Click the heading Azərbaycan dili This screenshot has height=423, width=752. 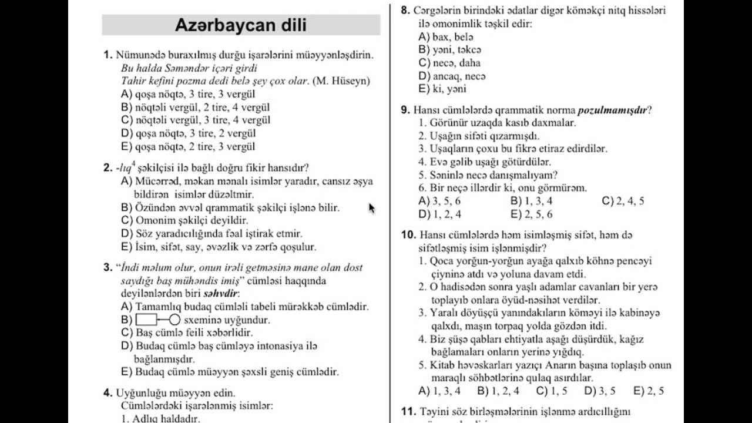[241, 25]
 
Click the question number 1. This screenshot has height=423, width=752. [108, 55]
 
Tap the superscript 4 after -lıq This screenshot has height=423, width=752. [134, 164]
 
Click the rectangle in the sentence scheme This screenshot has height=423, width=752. [146, 320]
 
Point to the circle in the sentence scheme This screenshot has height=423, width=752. [174, 320]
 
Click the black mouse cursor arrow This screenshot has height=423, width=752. [371, 208]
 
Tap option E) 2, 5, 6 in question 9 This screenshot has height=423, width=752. [532, 214]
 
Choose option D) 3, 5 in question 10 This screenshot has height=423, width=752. [600, 391]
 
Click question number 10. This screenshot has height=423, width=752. [408, 235]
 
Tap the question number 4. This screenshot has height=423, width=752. [108, 393]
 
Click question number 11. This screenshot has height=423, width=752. [408, 411]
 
